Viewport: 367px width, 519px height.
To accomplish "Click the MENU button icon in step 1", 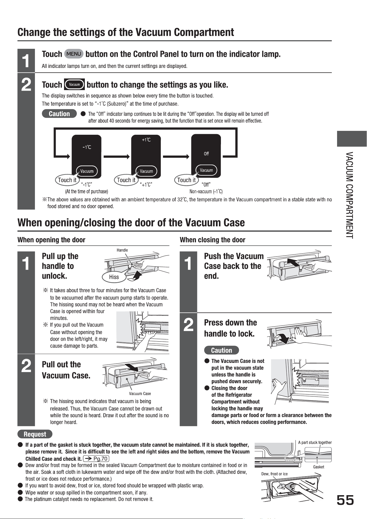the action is coord(73,54).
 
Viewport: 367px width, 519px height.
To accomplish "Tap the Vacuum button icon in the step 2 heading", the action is coord(74,85).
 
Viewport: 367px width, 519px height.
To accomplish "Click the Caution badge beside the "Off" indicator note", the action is coord(59,114).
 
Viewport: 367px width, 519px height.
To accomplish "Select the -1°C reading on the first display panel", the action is coord(87,147).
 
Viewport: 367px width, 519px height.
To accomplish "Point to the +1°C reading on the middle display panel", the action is coord(146,140).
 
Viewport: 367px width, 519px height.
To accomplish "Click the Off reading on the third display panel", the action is coord(206,154).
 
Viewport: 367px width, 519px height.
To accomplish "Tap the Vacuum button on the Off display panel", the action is coord(207,170).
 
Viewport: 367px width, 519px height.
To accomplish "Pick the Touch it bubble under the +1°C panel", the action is coord(126,180).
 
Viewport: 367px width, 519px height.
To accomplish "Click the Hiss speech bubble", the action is coord(114,277).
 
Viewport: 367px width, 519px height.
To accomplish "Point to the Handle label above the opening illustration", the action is coord(122,250).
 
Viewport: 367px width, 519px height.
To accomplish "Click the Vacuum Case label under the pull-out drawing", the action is coord(140,393).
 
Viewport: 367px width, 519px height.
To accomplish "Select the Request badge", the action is coord(35,434).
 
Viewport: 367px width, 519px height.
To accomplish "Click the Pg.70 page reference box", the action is coord(97,459).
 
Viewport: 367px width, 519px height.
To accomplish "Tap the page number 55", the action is coord(345,500).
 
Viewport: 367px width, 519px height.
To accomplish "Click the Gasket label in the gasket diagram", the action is coord(319,467).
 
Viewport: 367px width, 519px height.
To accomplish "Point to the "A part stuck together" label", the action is coord(315,442).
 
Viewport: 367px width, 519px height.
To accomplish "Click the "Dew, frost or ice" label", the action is coord(274,474).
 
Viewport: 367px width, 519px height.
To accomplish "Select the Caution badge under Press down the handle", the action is coord(221,350).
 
